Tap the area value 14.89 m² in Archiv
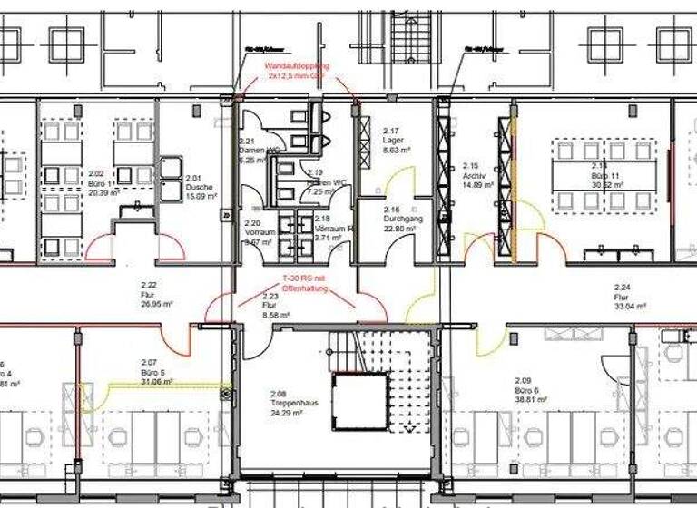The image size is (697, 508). click(477, 184)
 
